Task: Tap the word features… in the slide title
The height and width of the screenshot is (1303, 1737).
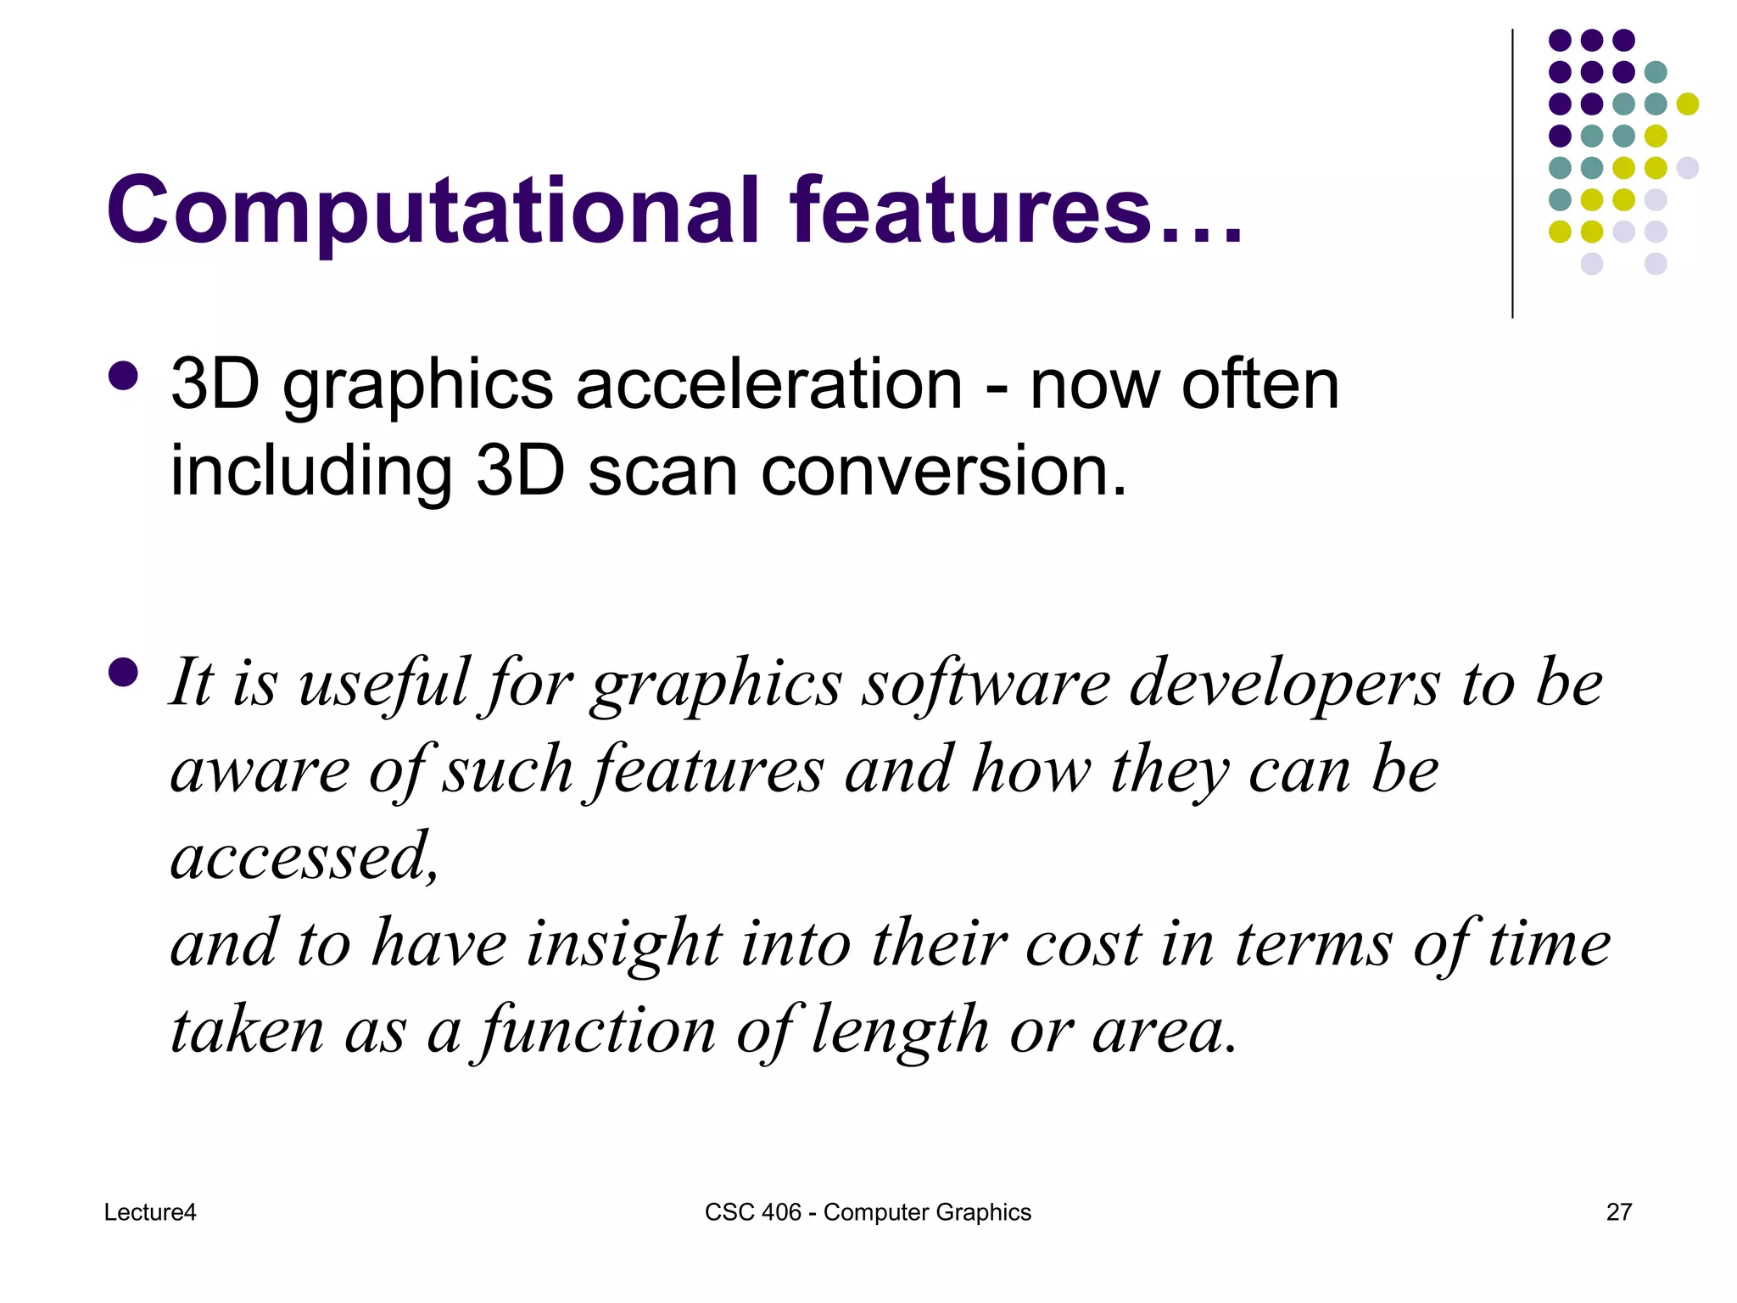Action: pyautogui.click(x=1014, y=210)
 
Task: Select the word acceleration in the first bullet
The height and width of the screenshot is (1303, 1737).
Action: pyautogui.click(x=768, y=385)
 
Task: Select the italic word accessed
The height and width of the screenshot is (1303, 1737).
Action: pyautogui.click(x=304, y=857)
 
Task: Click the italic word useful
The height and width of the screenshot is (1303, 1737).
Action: pyautogui.click(x=383, y=684)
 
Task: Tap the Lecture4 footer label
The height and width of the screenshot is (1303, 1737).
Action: pyautogui.click(x=150, y=1212)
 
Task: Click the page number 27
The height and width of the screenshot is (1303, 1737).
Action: pyautogui.click(x=1618, y=1212)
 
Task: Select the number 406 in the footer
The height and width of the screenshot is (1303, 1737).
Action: pyautogui.click(x=781, y=1212)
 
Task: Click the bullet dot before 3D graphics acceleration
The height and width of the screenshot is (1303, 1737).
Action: pyautogui.click(x=124, y=376)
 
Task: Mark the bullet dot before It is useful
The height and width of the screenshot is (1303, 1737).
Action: pyautogui.click(x=124, y=673)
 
